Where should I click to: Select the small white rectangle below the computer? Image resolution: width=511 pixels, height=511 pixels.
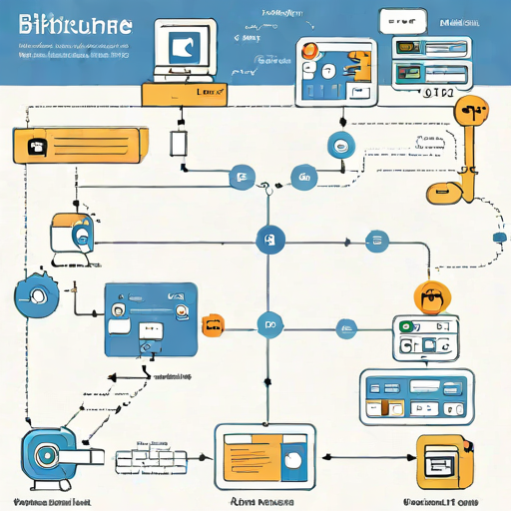179,142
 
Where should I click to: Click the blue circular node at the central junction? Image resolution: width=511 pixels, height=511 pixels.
269,239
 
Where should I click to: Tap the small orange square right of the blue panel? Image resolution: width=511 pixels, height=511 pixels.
212,324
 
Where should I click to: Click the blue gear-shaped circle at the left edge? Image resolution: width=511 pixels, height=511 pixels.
38,294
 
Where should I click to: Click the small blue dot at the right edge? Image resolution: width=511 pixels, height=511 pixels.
500,239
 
